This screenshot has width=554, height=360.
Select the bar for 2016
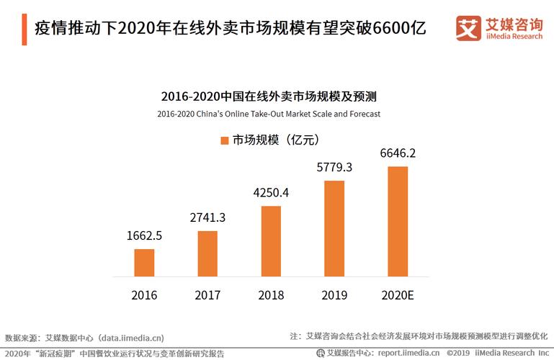(x=144, y=263)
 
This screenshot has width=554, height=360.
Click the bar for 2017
(x=207, y=253)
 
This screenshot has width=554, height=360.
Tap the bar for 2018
(x=271, y=241)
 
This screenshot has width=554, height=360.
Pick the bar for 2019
(x=334, y=228)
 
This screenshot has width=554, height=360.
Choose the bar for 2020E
(x=398, y=222)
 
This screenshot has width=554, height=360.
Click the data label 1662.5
(x=144, y=235)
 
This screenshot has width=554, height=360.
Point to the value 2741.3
(x=207, y=217)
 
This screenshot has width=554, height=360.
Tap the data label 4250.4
(x=271, y=193)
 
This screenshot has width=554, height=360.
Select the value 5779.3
(x=334, y=167)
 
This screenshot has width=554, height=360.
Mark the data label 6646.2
(x=398, y=153)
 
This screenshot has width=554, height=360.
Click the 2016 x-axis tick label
(x=144, y=295)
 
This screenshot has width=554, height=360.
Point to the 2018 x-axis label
(x=271, y=295)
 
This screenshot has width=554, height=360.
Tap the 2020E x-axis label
(x=398, y=295)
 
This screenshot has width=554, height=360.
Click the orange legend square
(x=223, y=140)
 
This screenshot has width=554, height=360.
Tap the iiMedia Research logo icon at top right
(x=469, y=28)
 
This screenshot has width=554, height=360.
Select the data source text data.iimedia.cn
(x=131, y=336)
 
